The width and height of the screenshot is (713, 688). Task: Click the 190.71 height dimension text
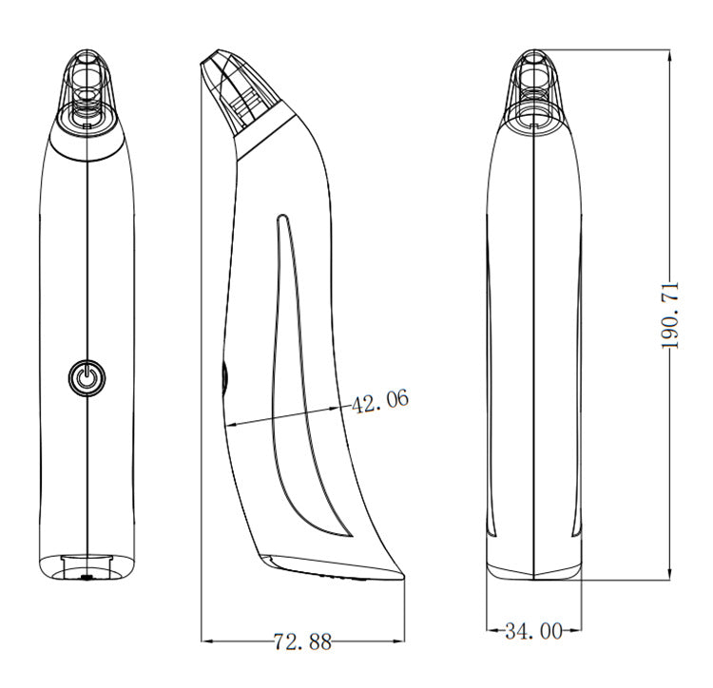[x=669, y=315]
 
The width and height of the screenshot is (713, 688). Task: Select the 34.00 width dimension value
[x=533, y=631]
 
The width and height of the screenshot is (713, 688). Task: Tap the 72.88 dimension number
[x=303, y=641]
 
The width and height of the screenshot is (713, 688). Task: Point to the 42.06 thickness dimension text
[x=380, y=401]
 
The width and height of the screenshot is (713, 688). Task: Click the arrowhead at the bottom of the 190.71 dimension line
[x=669, y=575]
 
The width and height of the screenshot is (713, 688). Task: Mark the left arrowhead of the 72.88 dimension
[x=206, y=641]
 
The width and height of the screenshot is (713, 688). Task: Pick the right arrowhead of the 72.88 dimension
[x=399, y=641]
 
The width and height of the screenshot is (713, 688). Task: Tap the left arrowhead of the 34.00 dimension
[x=491, y=630]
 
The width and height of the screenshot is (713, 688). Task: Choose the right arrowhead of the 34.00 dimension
[x=576, y=630]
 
